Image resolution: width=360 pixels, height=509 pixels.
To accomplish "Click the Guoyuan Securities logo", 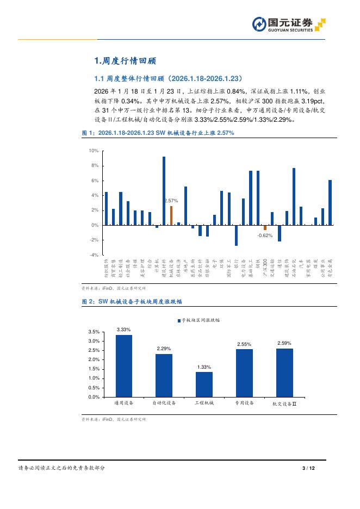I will pos(288,25).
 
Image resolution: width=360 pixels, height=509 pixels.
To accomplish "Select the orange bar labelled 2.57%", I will pos(171,215).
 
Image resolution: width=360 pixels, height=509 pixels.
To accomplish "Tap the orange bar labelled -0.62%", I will pos(265,227).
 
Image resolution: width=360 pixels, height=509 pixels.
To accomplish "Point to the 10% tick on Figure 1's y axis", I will pos(94,151).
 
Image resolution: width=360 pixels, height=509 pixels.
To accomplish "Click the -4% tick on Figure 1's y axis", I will pos(94,254).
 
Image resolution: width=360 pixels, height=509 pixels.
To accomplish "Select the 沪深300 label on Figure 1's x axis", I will pos(265,268).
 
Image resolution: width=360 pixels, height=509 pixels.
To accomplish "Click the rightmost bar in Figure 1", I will pos(330,202).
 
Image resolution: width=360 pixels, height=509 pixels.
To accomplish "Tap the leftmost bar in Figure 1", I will pos(106,208).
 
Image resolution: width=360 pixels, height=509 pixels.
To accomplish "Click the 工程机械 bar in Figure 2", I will pos(204,384).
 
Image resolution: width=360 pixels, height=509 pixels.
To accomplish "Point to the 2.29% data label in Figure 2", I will pos(164,348).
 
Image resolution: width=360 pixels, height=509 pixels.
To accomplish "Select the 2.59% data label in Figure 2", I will pos(284,343).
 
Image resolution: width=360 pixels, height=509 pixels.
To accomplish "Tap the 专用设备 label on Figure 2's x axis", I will pos(244,404).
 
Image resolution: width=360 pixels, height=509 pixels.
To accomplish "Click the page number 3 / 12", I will pos(308,468).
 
